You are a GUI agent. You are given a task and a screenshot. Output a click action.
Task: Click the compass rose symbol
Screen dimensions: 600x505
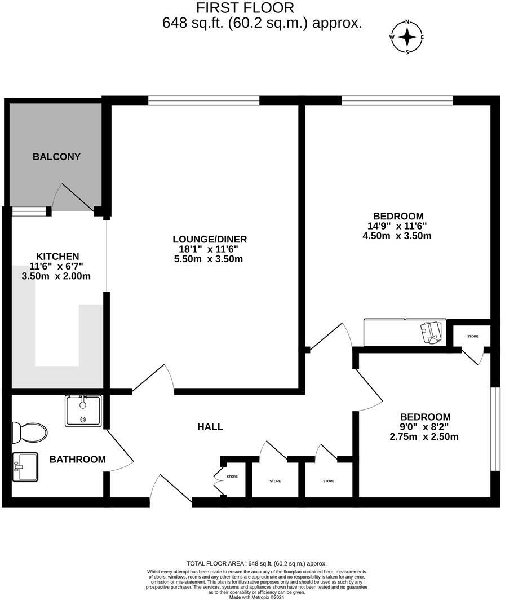coord(407,37)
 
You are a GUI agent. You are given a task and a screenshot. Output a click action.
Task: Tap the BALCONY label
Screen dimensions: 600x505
coord(56,157)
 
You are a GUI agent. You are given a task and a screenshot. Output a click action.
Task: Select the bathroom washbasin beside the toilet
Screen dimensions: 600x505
coord(25,467)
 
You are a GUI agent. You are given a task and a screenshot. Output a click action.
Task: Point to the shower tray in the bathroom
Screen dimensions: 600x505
coord(83,411)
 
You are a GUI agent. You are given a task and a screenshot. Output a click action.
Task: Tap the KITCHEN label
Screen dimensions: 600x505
coord(57,256)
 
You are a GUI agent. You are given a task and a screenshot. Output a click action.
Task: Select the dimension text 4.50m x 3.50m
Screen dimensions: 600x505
coord(397,236)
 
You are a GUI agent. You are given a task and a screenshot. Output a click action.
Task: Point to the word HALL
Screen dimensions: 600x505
coord(210,427)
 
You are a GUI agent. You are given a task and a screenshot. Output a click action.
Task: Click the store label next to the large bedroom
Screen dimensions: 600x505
coord(472,336)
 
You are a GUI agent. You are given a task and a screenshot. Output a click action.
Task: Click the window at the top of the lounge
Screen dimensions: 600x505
coord(204,101)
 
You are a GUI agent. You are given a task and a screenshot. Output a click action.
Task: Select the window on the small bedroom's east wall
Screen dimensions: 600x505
coord(494,429)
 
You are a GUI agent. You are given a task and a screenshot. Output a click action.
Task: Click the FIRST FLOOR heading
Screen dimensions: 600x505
coord(245,8)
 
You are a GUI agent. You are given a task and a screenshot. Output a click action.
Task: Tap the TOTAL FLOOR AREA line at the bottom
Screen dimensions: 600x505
coord(256,563)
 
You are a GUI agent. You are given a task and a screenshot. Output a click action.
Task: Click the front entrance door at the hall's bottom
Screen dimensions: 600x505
coord(172,489)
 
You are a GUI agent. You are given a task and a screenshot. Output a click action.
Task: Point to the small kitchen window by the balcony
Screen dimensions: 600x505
coord(29,211)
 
